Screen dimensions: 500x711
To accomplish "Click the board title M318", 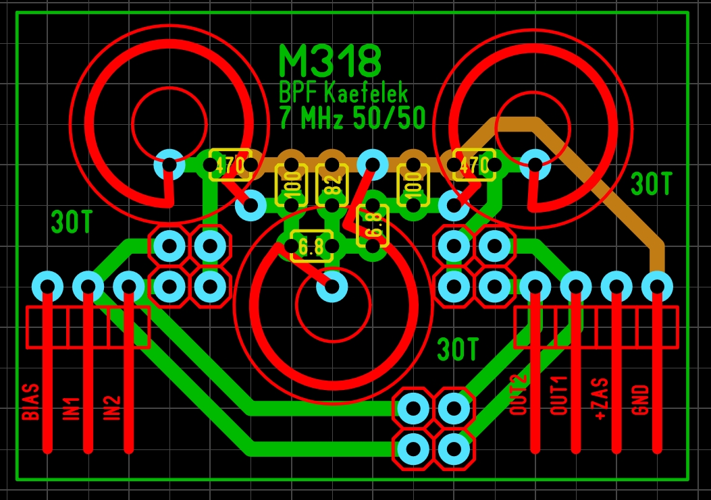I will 330,61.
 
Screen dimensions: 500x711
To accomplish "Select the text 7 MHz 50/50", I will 352,119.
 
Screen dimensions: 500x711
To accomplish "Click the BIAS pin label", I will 30,402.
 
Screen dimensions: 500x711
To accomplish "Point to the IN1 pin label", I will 72,409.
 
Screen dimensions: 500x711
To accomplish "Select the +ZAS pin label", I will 600,399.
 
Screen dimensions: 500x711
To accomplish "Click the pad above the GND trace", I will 656,286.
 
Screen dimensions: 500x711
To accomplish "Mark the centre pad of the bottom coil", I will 332,287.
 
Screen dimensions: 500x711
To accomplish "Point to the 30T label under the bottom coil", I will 457,350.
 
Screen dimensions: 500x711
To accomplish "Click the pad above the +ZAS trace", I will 616,286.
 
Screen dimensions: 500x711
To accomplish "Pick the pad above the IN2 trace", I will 128,286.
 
